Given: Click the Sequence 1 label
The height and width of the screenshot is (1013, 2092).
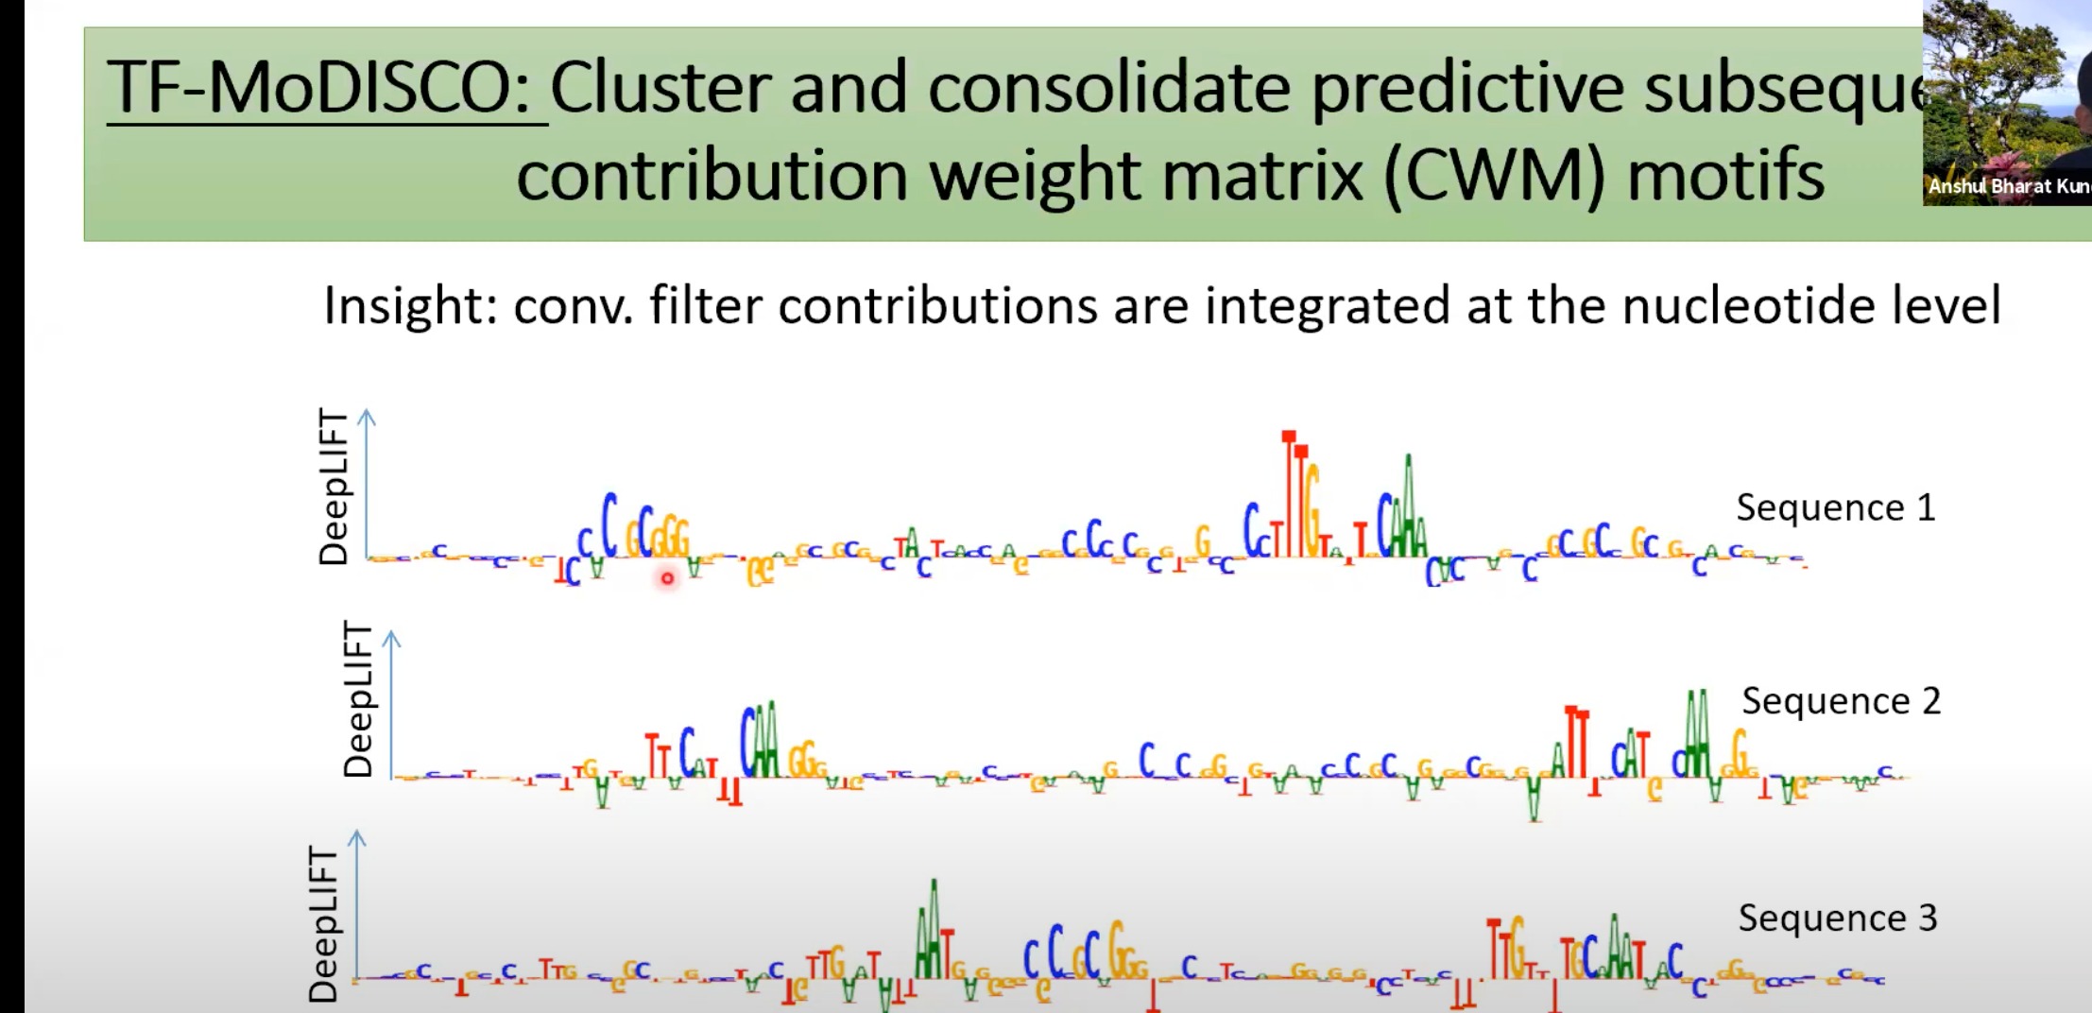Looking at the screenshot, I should (1835, 508).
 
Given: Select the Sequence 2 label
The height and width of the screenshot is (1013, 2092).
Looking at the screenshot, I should (1841, 701).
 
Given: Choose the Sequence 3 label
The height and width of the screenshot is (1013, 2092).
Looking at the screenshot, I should (1837, 918).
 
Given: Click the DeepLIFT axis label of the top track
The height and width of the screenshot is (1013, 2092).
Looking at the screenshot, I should (334, 487).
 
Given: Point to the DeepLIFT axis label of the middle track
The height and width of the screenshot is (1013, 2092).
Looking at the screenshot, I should (358, 698).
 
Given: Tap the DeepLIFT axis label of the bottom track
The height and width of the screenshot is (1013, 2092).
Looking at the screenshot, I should (323, 923).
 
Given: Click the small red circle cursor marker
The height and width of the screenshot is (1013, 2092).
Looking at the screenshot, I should (667, 578).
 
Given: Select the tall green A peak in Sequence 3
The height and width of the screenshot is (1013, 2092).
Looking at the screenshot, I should (933, 926).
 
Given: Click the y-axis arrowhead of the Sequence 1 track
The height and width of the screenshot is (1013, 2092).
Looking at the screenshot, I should (368, 416).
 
